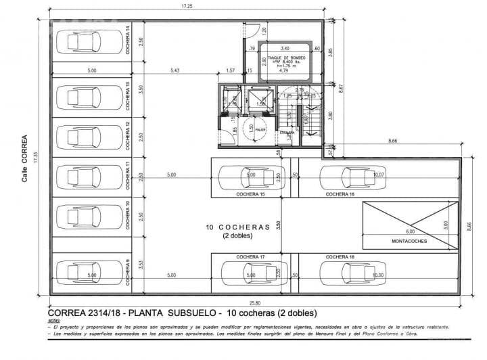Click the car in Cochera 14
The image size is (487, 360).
point(84,44)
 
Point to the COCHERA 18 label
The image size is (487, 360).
point(340,257)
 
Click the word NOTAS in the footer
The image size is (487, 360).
point(56,321)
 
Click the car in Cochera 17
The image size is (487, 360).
point(246,273)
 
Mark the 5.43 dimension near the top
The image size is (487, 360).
point(175,70)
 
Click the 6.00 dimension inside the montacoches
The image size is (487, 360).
point(392,232)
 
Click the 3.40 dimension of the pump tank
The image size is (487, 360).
point(284,49)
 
